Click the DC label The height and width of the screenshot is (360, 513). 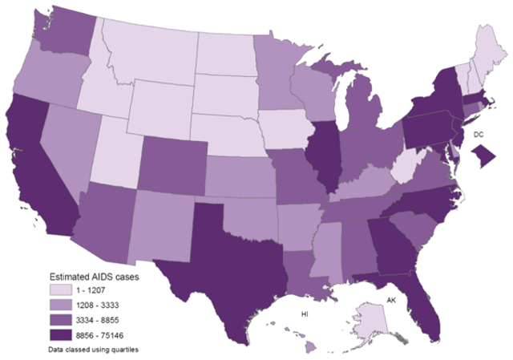pyautogui.click(x=479, y=135)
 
